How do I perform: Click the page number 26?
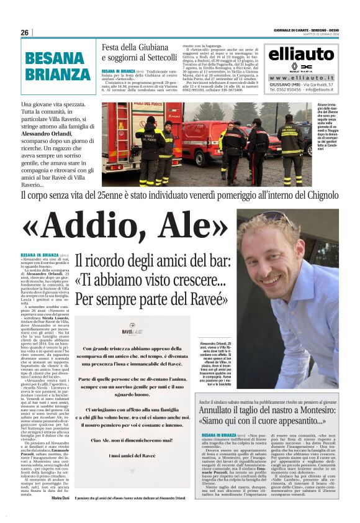tap(24, 32)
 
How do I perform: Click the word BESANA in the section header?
tap(54, 59)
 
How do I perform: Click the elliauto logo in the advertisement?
tap(301, 53)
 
